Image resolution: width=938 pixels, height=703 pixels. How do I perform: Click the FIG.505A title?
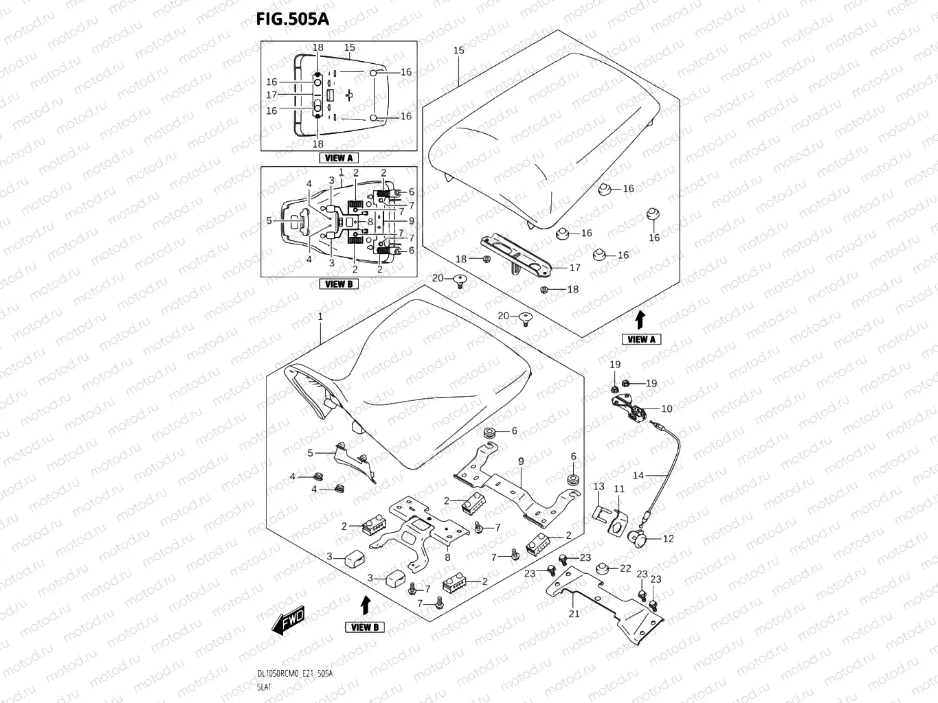coord(292,19)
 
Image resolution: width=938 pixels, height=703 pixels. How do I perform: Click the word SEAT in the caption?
coord(264,686)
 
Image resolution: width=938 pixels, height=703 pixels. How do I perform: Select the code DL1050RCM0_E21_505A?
coord(294,673)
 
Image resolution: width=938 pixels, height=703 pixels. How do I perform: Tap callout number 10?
coord(666,408)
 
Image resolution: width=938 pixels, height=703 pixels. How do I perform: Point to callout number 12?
coord(668,539)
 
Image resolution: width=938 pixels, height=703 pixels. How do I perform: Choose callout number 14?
coord(638,475)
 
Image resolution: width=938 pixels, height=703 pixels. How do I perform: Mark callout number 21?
coord(574,614)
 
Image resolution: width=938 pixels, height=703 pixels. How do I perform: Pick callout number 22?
coord(625,568)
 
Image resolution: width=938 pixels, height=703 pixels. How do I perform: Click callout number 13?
coord(599,487)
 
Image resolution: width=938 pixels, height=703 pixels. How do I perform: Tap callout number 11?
coord(619,489)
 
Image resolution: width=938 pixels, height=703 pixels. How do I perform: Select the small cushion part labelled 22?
coord(603,568)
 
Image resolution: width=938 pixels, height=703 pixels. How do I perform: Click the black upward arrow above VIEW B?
coord(365,604)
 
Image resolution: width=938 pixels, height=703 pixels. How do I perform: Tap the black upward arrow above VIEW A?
coord(640,319)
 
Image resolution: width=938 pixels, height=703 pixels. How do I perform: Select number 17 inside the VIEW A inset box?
coord(271,95)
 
